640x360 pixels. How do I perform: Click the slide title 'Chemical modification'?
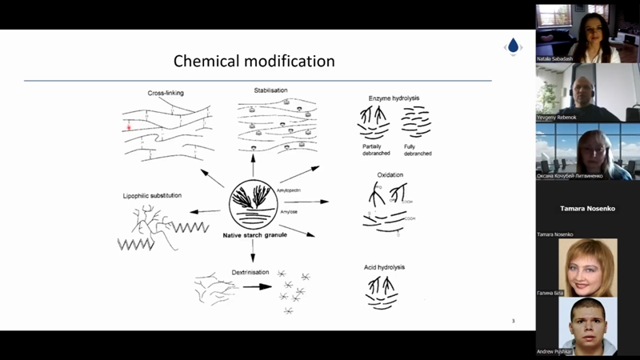[254, 62]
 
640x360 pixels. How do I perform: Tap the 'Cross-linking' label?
[166, 93]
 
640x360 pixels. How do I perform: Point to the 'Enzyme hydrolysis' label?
[394, 98]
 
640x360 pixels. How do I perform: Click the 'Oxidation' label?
[390, 174]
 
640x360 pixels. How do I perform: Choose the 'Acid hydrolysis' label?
[384, 266]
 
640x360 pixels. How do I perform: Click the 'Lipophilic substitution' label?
[153, 195]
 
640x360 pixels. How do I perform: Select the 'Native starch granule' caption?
[254, 234]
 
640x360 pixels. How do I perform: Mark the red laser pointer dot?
[127, 126]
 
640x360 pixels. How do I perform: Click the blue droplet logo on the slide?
[513, 46]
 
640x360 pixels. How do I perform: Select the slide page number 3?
[513, 321]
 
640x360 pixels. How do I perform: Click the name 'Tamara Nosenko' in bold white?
[588, 208]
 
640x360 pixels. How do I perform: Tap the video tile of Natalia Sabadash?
[588, 33]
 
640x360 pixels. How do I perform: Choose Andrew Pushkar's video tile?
[588, 326]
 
